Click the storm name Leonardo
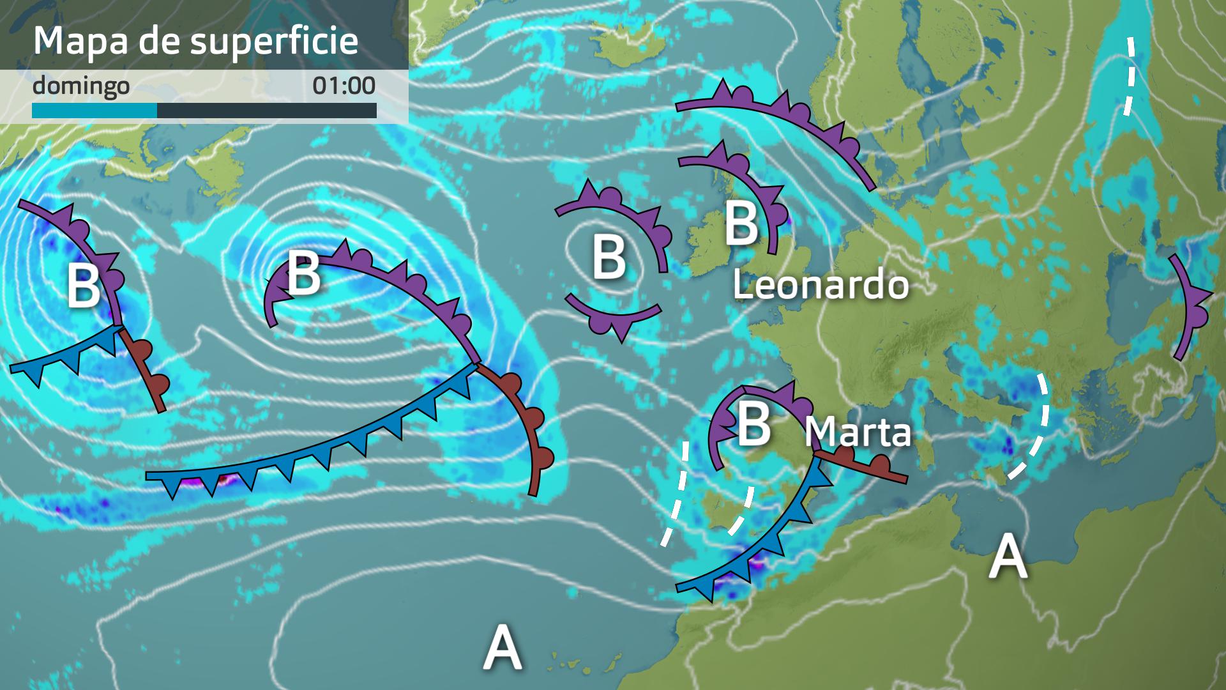click(x=821, y=285)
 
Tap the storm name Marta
click(x=858, y=433)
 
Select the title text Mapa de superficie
click(x=195, y=40)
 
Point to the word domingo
click(x=80, y=86)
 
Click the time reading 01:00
click(x=344, y=86)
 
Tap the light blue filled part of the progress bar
click(x=95, y=111)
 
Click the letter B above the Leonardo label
click(x=741, y=224)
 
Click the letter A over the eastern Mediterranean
click(x=1008, y=556)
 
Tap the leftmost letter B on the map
click(x=84, y=286)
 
